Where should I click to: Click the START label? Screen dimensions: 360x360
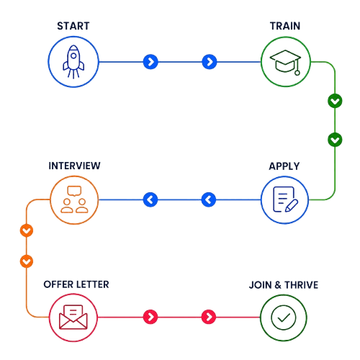[x=73, y=26]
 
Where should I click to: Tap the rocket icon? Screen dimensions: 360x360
[x=73, y=62]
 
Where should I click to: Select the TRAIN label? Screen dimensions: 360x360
[x=285, y=26]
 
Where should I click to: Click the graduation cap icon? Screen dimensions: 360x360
[x=285, y=62]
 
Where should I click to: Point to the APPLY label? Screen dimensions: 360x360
[x=284, y=166]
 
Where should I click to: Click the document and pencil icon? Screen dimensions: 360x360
[x=285, y=199]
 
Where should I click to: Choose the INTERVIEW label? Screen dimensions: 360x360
[x=74, y=166]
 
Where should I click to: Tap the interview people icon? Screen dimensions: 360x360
[x=74, y=199]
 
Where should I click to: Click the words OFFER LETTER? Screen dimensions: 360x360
[x=76, y=284]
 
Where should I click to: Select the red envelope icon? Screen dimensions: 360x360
[x=73, y=317]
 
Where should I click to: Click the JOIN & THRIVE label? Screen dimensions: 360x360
[x=284, y=285]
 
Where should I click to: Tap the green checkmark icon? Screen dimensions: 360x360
[x=284, y=318]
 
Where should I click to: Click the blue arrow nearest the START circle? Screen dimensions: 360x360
[x=150, y=62]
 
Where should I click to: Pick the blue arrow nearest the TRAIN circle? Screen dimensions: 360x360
[x=210, y=62]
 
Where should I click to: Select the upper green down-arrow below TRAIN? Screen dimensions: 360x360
[x=335, y=101]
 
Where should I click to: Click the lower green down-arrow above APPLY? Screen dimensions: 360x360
[x=335, y=140]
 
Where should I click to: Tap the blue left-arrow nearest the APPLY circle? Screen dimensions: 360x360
[x=209, y=199]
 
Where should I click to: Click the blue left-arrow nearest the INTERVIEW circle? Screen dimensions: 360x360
[x=150, y=199]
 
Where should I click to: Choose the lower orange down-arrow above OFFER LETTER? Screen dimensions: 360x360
[x=27, y=261]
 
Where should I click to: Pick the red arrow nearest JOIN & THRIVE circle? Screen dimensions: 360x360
[x=209, y=317]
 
